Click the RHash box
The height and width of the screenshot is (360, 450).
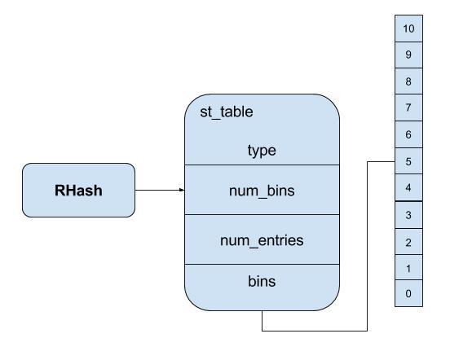tap(78, 190)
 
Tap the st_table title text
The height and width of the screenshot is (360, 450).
tap(227, 112)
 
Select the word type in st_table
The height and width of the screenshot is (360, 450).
tap(262, 151)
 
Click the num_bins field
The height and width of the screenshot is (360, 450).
tap(262, 190)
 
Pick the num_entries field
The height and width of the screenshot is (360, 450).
tap(262, 239)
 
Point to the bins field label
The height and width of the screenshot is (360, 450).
tap(262, 281)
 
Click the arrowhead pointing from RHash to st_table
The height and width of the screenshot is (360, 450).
tap(182, 190)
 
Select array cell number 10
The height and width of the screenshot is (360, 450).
tap(408, 29)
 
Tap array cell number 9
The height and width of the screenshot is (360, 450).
tap(408, 55)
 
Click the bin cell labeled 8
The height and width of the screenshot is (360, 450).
tap(408, 81)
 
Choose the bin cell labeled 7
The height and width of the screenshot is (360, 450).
tap(408, 108)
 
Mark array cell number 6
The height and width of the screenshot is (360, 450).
tap(408, 134)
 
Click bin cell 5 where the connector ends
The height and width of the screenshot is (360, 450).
tap(408, 161)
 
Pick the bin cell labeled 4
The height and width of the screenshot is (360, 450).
tap(408, 188)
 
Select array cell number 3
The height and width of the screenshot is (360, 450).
tap(408, 215)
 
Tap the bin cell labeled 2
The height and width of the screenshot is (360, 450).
tap(408, 242)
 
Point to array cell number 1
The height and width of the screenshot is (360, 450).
tap(408, 267)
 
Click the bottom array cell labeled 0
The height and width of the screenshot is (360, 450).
tap(408, 293)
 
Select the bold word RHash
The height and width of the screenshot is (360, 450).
tap(78, 191)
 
